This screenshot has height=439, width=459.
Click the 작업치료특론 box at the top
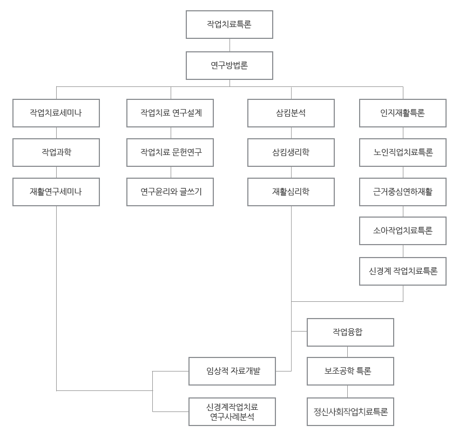pos(229,24)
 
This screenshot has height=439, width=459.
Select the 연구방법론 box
pos(229,65)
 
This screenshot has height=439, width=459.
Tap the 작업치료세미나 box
pos(56,113)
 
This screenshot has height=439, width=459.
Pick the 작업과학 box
pos(56,152)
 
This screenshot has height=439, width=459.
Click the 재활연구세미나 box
pos(56,192)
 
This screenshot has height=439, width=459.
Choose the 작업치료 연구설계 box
pos(171,113)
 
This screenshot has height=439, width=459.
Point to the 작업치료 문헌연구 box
pos(171,152)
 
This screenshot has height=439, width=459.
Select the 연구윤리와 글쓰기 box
pos(171,192)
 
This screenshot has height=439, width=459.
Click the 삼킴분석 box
pos(291,113)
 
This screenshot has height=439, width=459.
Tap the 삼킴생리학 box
pos(291,152)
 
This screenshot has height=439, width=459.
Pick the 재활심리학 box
pos(291,192)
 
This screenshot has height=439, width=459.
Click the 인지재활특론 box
pos(403,113)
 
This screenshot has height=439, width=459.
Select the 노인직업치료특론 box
pos(403,152)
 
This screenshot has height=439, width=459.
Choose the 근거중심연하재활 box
pos(403,192)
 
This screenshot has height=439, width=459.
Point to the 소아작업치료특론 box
pos(403,231)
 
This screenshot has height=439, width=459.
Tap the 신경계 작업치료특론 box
pos(403,271)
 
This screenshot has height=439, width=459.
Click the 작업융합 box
pos(350,332)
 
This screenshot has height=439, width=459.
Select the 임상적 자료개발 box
pos(232,371)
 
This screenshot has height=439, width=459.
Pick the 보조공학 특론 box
pos(350,371)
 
